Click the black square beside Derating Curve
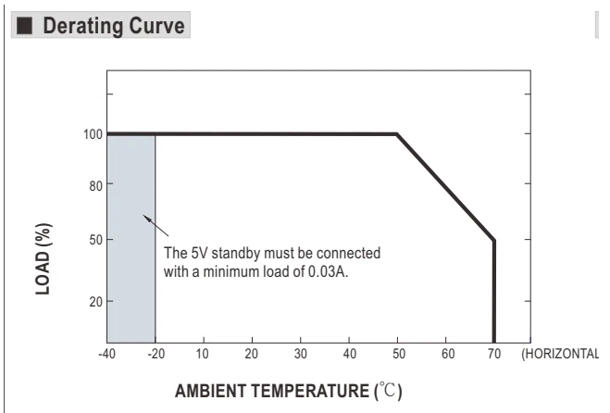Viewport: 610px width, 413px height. [24, 25]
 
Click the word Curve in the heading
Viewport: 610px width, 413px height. [156, 26]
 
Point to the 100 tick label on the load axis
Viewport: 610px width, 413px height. [93, 134]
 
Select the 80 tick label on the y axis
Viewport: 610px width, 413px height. [95, 186]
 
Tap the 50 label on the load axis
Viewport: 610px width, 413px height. [95, 240]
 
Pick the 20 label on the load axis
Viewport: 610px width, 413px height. [95, 301]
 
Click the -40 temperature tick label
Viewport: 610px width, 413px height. [106, 354]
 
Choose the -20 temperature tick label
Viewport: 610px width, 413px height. [156, 354]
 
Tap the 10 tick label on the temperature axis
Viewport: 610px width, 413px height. [202, 354]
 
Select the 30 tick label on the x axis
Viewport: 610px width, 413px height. [300, 354]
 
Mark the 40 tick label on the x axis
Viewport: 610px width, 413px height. [349, 354]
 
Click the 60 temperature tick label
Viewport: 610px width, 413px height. [448, 354]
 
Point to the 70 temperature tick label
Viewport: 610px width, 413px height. [494, 354]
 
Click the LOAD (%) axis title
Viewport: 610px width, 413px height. [44, 259]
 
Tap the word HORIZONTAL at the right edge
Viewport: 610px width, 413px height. [562, 354]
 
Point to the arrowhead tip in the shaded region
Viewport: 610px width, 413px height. [143, 215]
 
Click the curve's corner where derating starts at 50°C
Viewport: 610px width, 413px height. [397, 134]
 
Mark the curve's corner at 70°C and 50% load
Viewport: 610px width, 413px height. [494, 240]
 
